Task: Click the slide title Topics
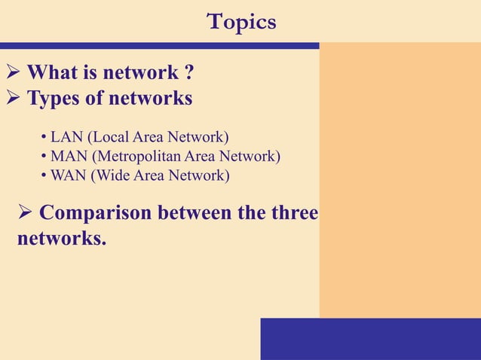[241, 22]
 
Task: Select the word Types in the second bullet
[54, 99]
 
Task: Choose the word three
[293, 213]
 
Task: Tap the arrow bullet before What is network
[13, 74]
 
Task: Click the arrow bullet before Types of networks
[13, 99]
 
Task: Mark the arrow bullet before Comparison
[25, 214]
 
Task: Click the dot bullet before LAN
[44, 138]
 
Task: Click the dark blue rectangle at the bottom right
[370, 338]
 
